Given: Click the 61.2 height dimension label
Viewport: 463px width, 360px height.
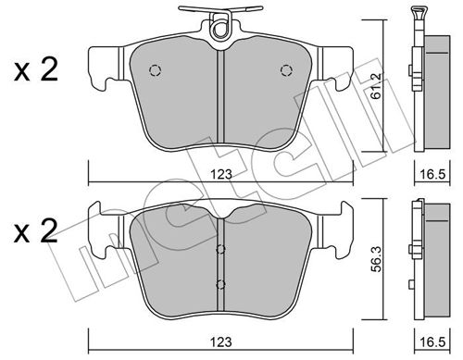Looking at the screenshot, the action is click(x=377, y=86).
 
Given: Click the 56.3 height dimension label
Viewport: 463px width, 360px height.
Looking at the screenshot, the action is click(x=377, y=259).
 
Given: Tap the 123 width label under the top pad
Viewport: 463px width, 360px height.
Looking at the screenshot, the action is click(x=221, y=175).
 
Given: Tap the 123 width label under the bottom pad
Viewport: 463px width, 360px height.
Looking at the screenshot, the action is click(x=221, y=342).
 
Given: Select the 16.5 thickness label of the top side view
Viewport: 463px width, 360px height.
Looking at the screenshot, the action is click(x=432, y=175).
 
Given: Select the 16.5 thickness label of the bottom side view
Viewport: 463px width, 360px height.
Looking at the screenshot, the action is click(x=432, y=342).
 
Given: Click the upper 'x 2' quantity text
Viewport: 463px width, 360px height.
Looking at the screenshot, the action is click(x=36, y=70).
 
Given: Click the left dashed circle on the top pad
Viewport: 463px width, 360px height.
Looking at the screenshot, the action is click(x=155, y=70).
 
